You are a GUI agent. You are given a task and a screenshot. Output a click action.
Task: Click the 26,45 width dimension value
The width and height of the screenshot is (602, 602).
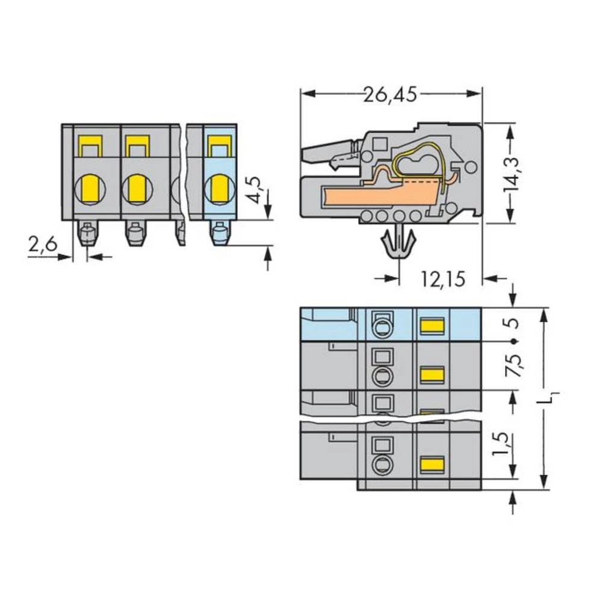pyautogui.click(x=389, y=95)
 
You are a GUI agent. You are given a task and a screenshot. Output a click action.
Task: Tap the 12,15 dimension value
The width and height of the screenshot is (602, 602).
pyautogui.click(x=442, y=279)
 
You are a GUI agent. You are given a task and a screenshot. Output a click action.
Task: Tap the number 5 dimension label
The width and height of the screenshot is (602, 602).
pyautogui.click(x=512, y=323)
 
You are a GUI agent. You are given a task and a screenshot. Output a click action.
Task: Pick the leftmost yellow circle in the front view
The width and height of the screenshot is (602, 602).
pyautogui.click(x=88, y=188)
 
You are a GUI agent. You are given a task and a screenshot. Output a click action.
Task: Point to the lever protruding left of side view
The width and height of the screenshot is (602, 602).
pyautogui.click(x=328, y=154)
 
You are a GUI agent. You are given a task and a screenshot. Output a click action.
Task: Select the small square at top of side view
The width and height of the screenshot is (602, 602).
pyautogui.click(x=379, y=144)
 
